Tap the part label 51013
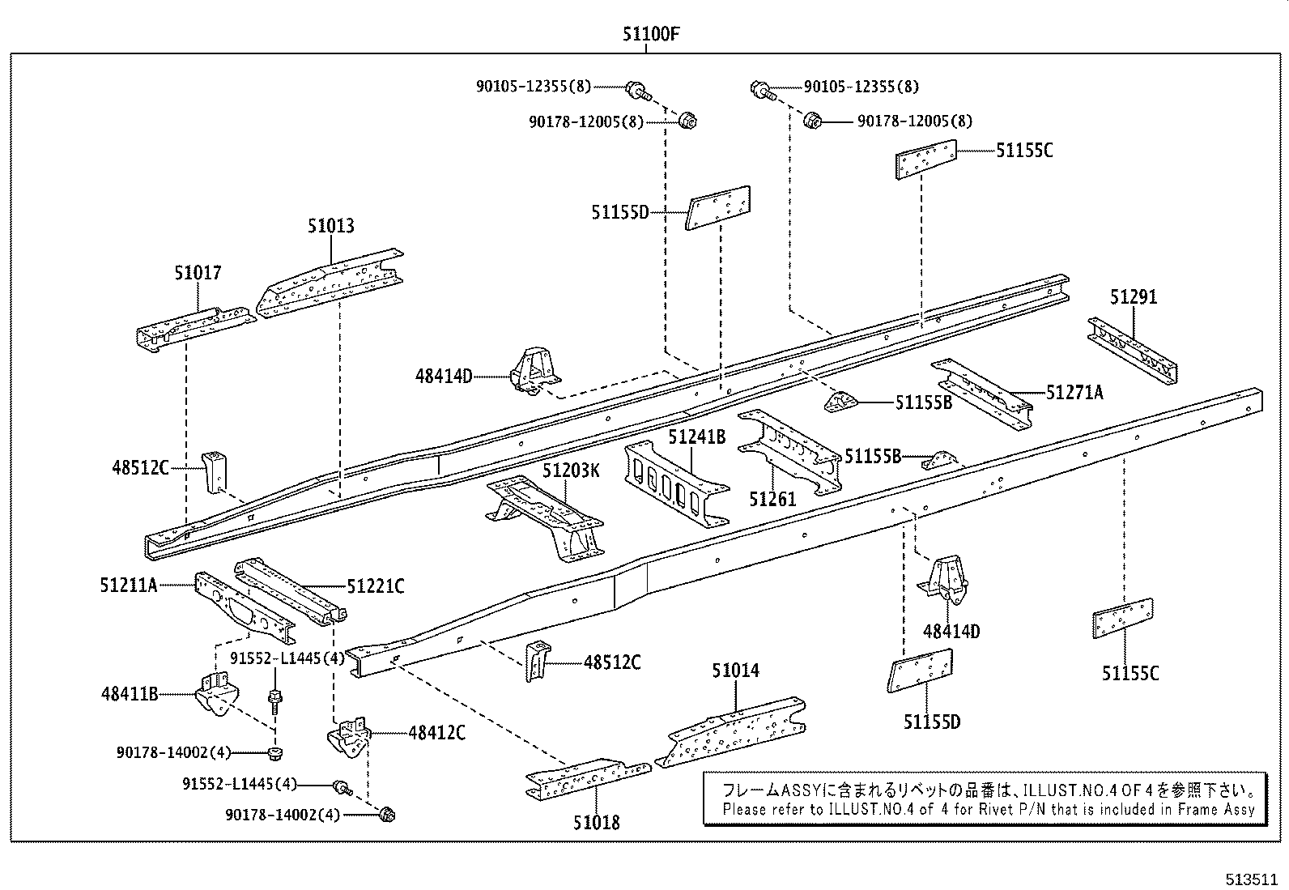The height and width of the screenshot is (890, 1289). [330, 226]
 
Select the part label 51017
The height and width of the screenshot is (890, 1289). [198, 273]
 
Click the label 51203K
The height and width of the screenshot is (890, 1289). [571, 471]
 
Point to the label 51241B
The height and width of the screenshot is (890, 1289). [696, 437]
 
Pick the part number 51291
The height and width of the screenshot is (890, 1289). [1134, 297]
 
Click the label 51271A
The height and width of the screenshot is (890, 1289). [1074, 393]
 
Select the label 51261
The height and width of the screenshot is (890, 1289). [772, 499]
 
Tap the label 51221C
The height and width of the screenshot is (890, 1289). [376, 586]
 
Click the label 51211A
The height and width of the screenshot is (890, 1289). [129, 585]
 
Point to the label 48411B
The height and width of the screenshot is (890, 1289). [130, 693]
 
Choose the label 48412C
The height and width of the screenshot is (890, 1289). [437, 733]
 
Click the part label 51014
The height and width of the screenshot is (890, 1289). [736, 671]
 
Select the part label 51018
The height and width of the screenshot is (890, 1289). [597, 822]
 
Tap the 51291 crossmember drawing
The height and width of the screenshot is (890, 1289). [1132, 350]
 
